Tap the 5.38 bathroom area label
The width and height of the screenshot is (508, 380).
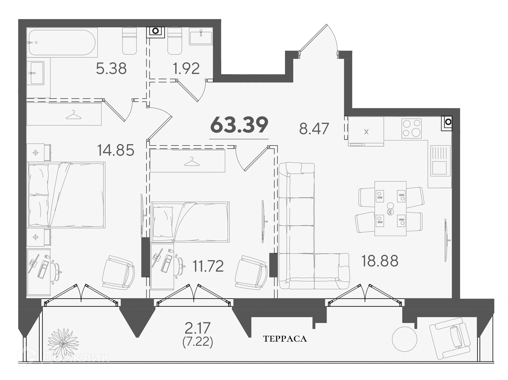pos(111,69)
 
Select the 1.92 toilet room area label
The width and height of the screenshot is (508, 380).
pos(186,69)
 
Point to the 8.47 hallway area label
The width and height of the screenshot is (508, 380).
pos(314,129)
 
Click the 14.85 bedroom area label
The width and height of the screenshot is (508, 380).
pos(116,150)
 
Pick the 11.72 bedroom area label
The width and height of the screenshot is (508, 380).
pos(208,266)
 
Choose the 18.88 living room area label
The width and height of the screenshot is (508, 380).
pos(380,261)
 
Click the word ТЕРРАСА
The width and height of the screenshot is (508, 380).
pos(285,339)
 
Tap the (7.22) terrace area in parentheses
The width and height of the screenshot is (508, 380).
pos(198,342)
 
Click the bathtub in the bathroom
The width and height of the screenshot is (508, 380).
pos(62,42)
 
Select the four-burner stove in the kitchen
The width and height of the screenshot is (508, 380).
pos(411,128)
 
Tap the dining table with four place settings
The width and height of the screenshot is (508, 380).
pos(390,209)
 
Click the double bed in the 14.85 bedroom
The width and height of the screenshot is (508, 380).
pos(66,195)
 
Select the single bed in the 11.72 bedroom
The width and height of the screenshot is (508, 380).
pos(190,222)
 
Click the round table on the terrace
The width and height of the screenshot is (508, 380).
pos(405,339)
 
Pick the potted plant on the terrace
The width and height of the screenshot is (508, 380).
pos(63,343)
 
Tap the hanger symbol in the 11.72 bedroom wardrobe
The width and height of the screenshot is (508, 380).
pos(192,161)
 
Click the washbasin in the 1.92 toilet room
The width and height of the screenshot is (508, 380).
pos(201,36)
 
